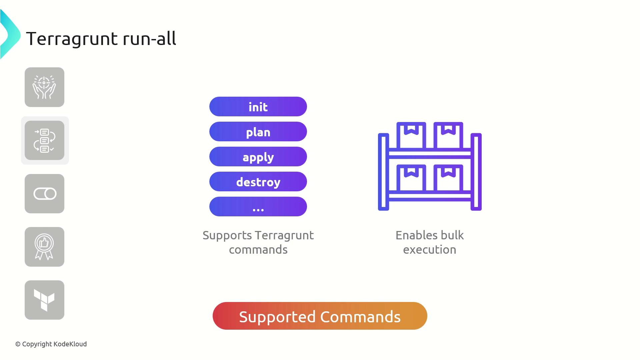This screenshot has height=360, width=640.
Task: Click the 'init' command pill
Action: tap(258, 107)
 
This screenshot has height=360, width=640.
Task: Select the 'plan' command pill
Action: tap(258, 132)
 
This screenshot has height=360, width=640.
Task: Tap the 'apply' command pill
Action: tap(258, 157)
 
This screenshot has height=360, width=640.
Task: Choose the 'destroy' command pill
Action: tap(258, 182)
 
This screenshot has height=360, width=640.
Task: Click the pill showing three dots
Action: tap(258, 207)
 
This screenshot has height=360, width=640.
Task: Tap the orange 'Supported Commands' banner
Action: tap(320, 316)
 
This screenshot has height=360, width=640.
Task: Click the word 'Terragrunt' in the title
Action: tap(72, 39)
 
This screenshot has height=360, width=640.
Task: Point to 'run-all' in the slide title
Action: tap(150, 38)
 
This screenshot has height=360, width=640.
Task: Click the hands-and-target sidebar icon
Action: tap(44, 87)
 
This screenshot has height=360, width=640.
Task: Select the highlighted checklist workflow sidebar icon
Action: tap(44, 140)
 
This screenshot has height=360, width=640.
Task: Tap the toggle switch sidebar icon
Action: tap(44, 194)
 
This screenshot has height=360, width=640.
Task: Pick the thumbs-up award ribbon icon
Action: tap(44, 247)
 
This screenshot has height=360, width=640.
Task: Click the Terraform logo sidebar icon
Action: tap(44, 300)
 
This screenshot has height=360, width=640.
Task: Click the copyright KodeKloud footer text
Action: tap(51, 344)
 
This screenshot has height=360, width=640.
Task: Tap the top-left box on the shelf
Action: tap(411, 135)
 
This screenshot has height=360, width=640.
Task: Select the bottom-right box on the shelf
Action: tap(448, 177)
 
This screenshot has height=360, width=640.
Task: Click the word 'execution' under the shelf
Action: tap(430, 250)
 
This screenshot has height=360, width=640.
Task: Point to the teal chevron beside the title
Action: tap(10, 35)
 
